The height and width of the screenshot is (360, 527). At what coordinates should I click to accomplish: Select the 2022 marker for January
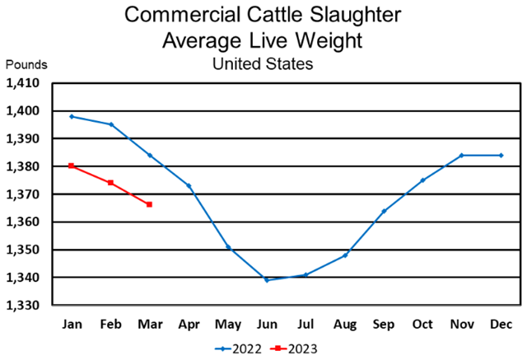(72, 116)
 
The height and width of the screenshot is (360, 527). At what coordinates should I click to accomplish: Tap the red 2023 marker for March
(149, 204)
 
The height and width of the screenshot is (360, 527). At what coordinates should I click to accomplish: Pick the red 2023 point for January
(72, 166)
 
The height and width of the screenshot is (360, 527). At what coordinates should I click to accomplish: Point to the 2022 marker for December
(501, 155)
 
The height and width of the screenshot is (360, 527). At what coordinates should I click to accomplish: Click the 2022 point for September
(384, 211)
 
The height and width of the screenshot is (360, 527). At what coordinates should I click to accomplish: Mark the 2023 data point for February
(110, 183)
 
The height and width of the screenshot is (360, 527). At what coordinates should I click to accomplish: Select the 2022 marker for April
(189, 185)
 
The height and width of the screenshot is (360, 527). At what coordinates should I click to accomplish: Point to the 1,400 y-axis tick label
(25, 111)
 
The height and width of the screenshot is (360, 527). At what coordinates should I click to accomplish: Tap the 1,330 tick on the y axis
(25, 306)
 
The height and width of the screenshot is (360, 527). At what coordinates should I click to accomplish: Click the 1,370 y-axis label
(25, 194)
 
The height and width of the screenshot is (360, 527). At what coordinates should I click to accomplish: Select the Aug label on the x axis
(345, 324)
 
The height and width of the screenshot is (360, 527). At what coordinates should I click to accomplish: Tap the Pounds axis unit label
(26, 64)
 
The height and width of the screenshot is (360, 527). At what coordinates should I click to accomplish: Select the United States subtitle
(263, 63)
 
